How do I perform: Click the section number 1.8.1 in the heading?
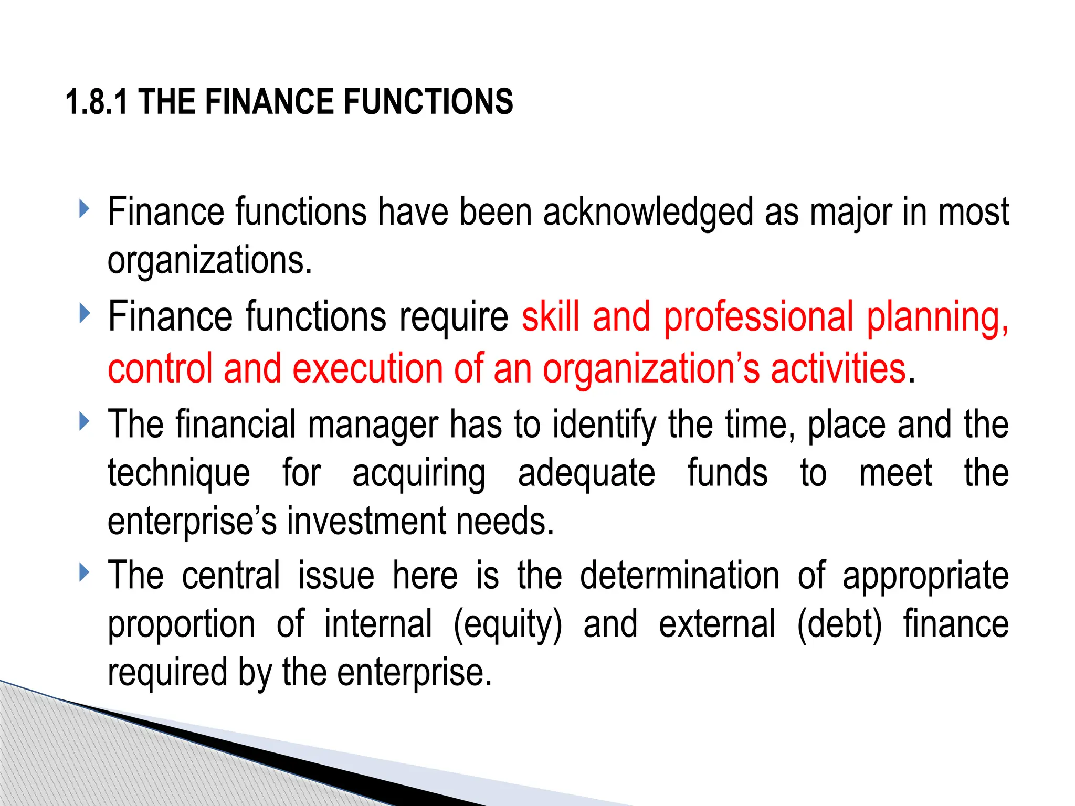click(97, 102)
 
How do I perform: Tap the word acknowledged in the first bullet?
click(648, 212)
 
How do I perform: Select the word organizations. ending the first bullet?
click(210, 260)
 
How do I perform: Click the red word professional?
click(759, 317)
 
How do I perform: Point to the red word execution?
click(367, 368)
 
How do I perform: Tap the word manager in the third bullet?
click(373, 425)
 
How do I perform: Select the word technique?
click(179, 473)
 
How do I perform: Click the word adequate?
click(586, 473)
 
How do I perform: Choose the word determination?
click(680, 576)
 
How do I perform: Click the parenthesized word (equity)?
click(508, 624)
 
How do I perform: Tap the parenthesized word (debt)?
click(839, 624)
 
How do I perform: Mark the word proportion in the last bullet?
click(182, 624)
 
